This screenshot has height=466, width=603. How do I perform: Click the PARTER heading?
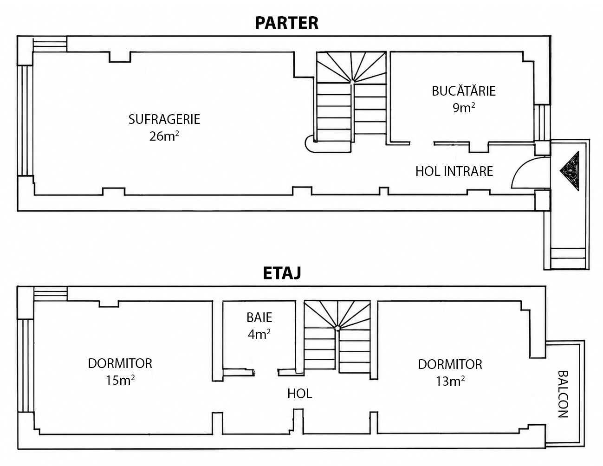[x=286, y=23]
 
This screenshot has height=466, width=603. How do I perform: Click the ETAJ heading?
[x=282, y=273]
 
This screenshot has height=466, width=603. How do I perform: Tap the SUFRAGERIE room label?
[x=164, y=119]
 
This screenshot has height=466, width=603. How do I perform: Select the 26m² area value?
[x=164, y=136]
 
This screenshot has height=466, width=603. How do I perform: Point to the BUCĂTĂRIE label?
[x=464, y=91]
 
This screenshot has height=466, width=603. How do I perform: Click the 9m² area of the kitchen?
[x=464, y=107]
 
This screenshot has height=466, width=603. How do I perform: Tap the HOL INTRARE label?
[x=454, y=171]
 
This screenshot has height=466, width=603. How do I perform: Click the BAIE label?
[x=259, y=317]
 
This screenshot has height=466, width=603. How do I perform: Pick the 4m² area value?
[x=259, y=334]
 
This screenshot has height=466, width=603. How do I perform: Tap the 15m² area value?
[x=120, y=380]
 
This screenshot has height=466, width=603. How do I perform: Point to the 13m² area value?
[x=450, y=381]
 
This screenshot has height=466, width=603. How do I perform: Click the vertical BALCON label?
[x=564, y=394]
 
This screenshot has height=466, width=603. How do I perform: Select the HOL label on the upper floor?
[x=300, y=394]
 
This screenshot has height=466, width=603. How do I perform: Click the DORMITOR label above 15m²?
[x=120, y=363]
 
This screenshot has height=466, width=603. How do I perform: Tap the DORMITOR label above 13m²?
[x=450, y=364]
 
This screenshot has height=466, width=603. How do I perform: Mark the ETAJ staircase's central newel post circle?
[x=337, y=329]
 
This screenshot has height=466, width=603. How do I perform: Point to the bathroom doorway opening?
[x=266, y=372]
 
